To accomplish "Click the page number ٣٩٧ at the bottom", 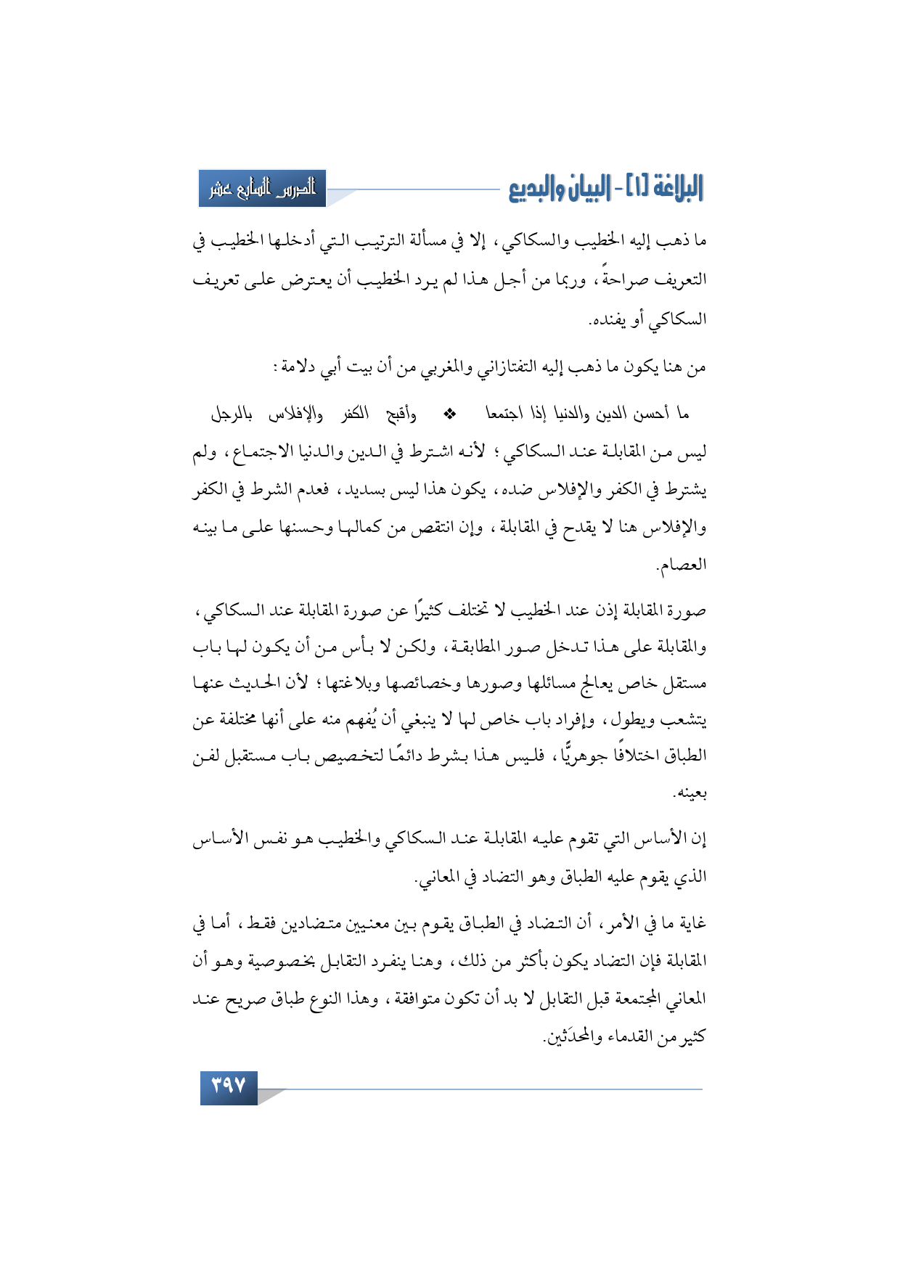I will click(x=229, y=1086).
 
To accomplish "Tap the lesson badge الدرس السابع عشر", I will click(x=263, y=189).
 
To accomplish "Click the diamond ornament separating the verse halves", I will click(x=449, y=414).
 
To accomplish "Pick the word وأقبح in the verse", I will click(x=401, y=414).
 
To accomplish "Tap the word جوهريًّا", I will click(x=584, y=756).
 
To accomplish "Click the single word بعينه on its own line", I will click(x=690, y=794).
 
